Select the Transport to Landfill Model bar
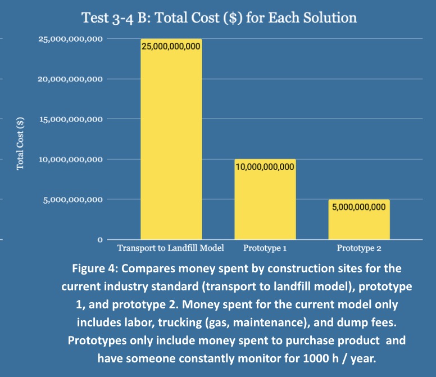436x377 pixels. pos(171,141)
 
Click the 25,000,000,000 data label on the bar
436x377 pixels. pos(171,47)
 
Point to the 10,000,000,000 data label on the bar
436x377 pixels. pos(265,167)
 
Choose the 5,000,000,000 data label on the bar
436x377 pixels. pos(358,207)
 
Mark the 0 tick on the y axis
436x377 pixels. pos(100,240)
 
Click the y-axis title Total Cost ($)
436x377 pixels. pos(20,143)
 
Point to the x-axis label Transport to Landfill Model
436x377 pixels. pos(170,248)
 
